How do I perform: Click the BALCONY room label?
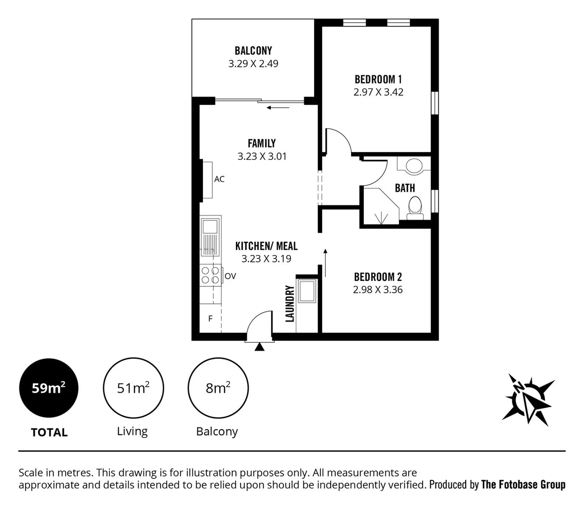tap(253, 51)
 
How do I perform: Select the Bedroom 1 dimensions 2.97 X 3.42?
tap(378, 92)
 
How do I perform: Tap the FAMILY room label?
tap(262, 143)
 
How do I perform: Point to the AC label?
tap(219, 179)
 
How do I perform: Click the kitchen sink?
tap(210, 236)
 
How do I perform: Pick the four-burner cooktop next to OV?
tap(210, 275)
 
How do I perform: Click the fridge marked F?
tap(210, 319)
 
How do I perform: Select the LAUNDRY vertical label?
tap(290, 303)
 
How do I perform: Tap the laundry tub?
tap(307, 290)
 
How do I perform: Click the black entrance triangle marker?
tap(259, 347)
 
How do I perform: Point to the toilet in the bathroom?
tap(415, 208)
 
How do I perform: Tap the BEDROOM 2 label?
tap(378, 277)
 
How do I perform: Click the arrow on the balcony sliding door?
tap(278, 108)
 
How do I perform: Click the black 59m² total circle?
tap(49, 388)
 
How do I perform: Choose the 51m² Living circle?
tap(133, 388)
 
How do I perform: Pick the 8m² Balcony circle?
tap(218, 388)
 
